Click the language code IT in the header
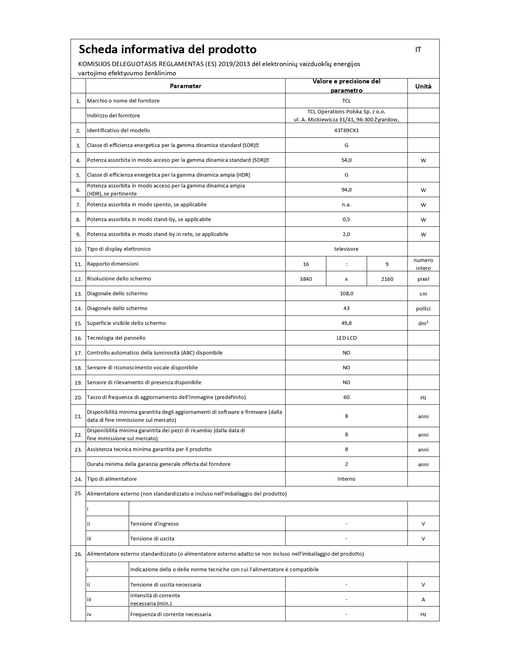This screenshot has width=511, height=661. click(418, 50)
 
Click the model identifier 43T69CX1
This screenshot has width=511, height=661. click(346, 130)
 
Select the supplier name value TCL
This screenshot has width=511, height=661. click(346, 101)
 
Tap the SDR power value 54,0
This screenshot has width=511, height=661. click(346, 160)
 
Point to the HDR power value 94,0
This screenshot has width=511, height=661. click(346, 189)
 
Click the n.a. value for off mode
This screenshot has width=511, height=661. click(346, 204)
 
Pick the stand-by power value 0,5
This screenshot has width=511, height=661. click(346, 219)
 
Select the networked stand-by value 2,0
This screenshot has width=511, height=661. click(346, 234)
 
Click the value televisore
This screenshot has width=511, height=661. click(346, 249)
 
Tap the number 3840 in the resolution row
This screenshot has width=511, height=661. click(306, 279)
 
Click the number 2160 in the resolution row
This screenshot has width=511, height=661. click(387, 279)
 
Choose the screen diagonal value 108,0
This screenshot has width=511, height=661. click(346, 293)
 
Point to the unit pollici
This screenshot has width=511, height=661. click(423, 308)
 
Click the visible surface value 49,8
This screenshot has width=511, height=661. click(346, 323)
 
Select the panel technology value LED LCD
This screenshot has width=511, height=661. click(346, 338)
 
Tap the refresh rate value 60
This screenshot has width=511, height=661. click(346, 397)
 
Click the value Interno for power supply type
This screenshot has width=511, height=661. click(346, 479)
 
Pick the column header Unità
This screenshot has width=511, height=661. click(423, 86)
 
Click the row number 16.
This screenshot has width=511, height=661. click(78, 338)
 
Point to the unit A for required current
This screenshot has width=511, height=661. click(423, 599)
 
